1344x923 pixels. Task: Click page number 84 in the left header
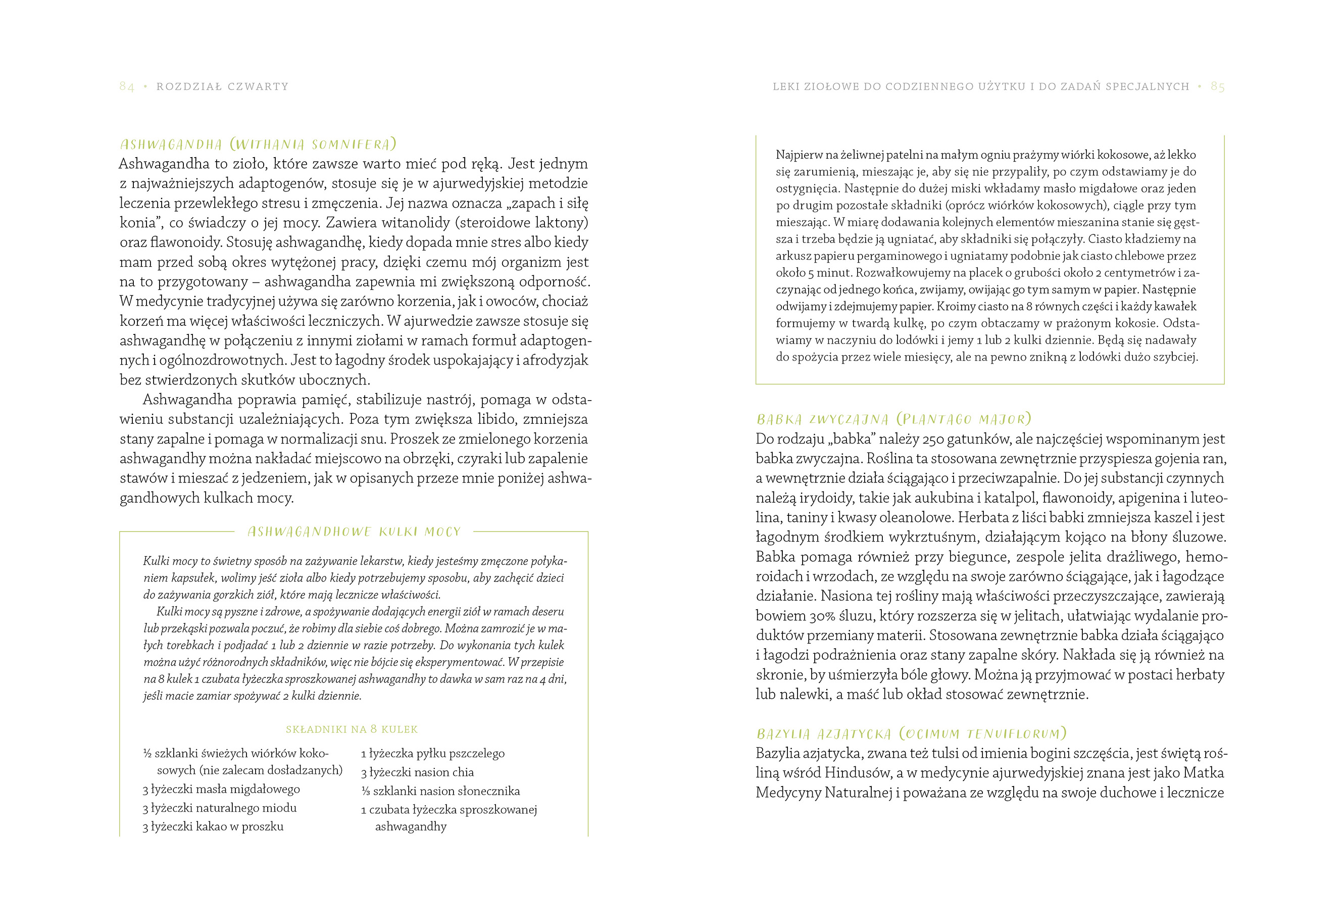pos(127,87)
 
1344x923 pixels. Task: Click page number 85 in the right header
pos(1217,87)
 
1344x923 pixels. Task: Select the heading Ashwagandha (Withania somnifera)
pos(258,144)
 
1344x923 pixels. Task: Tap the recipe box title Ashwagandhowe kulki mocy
pos(354,532)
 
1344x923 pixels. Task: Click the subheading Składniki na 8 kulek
pos(352,730)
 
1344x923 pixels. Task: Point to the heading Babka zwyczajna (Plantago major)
pos(893,419)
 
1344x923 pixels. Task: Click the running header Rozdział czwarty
pos(222,87)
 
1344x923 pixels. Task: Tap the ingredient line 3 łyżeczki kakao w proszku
pos(213,827)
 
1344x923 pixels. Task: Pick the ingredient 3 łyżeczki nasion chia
pos(417,772)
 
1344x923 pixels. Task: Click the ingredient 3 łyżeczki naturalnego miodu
pos(219,808)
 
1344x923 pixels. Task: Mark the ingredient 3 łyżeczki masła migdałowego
pos(221,790)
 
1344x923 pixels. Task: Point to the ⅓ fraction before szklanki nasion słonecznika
pos(365,791)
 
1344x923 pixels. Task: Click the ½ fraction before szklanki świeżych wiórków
pos(147,754)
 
